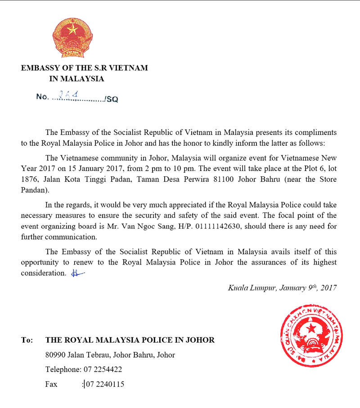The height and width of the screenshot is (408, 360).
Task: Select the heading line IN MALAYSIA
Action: tap(76, 79)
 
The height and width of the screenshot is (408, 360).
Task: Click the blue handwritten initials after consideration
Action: tap(78, 273)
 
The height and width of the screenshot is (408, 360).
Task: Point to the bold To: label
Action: tap(27, 340)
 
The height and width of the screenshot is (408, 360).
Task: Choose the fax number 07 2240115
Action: tap(104, 384)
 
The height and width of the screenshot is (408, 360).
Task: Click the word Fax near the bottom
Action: tap(51, 384)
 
